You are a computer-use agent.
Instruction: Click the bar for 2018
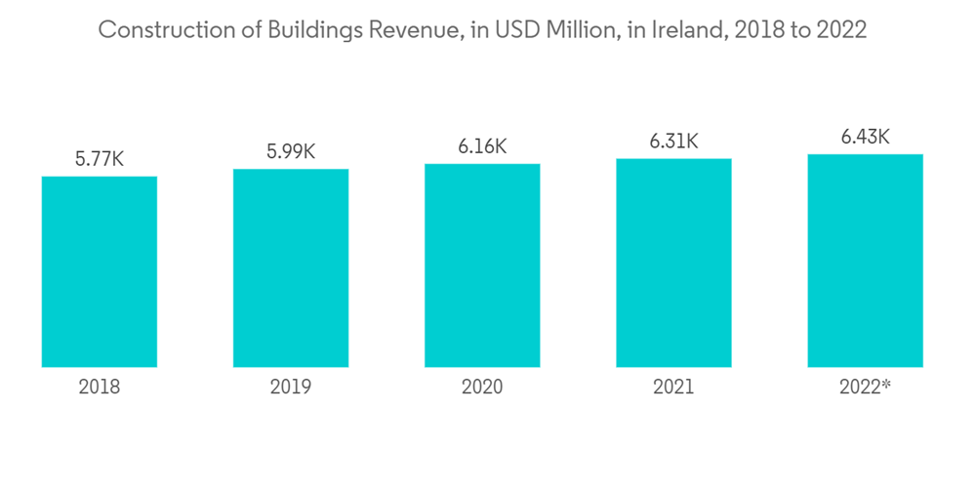[100, 271]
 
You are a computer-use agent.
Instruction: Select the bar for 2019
[291, 267]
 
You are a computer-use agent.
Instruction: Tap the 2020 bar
[482, 266]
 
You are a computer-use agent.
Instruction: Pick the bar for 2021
[673, 263]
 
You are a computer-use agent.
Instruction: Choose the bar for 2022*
[866, 261]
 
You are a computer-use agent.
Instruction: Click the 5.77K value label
[100, 158]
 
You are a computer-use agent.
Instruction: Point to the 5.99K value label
[291, 151]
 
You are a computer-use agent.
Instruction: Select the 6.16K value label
[482, 146]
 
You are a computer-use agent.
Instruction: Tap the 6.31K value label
[673, 141]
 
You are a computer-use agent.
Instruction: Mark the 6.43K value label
[866, 137]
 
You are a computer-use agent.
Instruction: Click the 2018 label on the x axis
[100, 388]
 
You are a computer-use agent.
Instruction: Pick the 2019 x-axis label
[291, 388]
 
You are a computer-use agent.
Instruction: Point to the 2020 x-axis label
[482, 388]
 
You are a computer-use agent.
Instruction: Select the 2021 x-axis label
[673, 388]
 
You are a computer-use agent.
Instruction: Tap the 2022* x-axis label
[866, 388]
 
